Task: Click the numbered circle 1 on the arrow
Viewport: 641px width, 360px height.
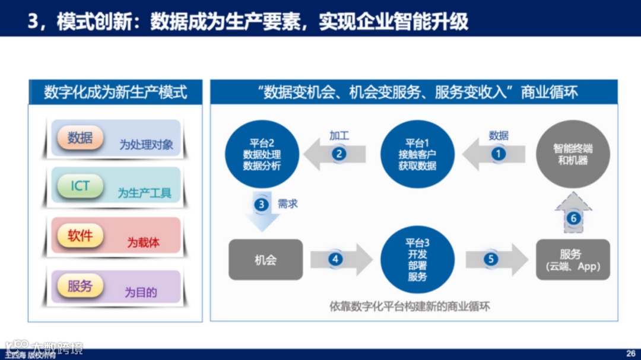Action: coord(498,154)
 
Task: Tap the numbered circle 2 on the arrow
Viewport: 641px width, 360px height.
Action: coord(339,154)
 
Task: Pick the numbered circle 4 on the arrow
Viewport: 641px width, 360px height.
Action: coord(335,259)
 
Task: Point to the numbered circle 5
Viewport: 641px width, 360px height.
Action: coord(491,259)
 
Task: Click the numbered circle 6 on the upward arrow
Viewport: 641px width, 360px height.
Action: coord(573,218)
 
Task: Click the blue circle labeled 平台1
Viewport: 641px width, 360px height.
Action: coord(417,154)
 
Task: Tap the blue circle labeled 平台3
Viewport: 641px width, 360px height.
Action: coord(417,259)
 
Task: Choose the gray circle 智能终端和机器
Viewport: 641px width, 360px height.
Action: coord(573,154)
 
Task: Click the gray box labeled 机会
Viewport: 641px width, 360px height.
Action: coord(265,260)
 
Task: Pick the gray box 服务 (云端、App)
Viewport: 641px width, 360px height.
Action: coord(573,260)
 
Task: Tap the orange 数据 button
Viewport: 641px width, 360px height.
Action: coord(80,138)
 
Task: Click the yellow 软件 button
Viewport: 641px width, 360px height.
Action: coord(80,236)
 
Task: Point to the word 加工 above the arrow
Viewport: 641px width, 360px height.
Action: coord(339,135)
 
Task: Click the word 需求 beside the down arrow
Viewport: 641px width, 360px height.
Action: coord(288,204)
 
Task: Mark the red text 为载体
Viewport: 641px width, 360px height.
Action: coord(143,243)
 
